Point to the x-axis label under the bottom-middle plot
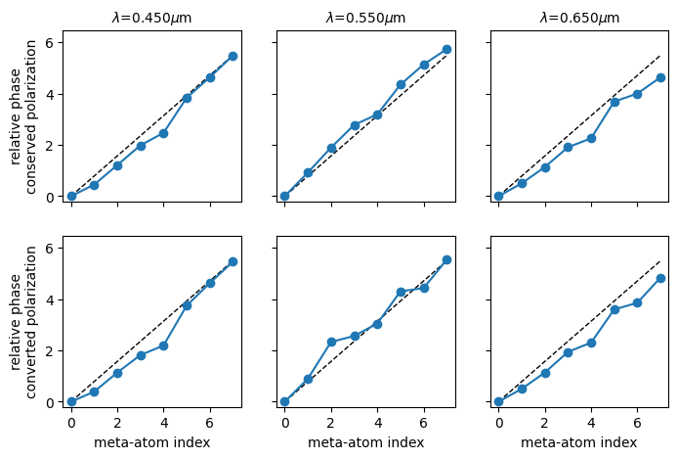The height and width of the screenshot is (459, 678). pos(365,442)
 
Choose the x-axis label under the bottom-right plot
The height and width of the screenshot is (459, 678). pos(579,442)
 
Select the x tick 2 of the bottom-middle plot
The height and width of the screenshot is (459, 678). pos(331,422)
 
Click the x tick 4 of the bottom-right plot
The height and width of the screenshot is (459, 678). pos(591,422)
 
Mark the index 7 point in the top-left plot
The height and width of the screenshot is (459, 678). pos(233,56)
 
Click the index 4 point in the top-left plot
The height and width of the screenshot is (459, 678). pos(163,133)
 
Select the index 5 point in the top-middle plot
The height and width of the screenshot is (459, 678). pos(401,84)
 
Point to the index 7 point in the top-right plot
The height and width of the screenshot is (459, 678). pos(660,77)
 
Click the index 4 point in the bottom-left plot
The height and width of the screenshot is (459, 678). pos(163,345)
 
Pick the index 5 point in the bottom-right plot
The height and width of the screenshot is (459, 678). pos(614,309)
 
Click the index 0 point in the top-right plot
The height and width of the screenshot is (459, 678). pos(498,196)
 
